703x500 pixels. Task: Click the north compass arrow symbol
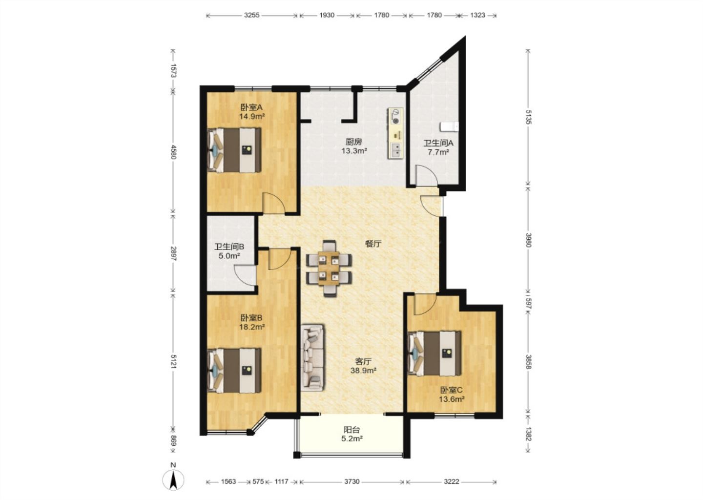coord(173,480)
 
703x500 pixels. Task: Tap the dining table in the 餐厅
coord(329,268)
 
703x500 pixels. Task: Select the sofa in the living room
coord(312,358)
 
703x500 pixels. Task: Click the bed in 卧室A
coord(234,150)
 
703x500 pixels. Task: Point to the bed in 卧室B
coord(234,371)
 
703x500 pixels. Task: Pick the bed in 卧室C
coord(434,354)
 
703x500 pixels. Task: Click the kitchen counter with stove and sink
coord(395,133)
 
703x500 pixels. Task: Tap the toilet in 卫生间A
coord(449,127)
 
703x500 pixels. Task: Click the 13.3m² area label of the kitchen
coord(354,151)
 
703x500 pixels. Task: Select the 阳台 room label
coord(352,429)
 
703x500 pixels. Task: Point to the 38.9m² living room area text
coord(363,371)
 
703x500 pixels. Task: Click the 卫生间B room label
coord(229,247)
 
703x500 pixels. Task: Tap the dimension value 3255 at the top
coord(252,15)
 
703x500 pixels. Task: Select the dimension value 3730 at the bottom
coord(352,481)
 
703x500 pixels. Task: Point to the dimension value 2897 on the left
coord(174,253)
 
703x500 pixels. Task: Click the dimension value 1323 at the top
coord(477,15)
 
